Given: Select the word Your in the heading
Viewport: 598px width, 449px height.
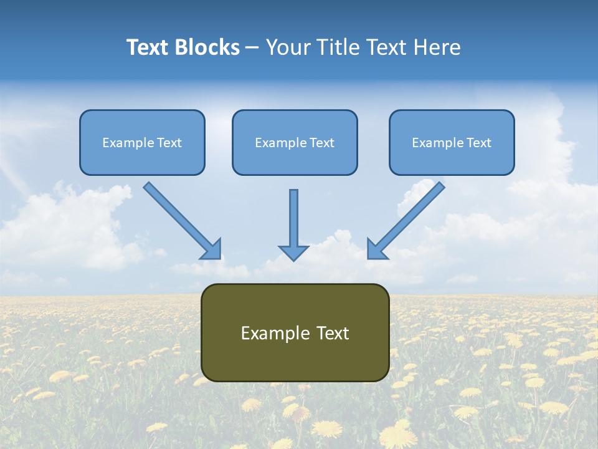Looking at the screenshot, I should coord(288,47).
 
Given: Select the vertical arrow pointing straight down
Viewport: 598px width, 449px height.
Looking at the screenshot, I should coord(293,218).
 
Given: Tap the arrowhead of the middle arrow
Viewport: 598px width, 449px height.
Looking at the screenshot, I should coord(293,252).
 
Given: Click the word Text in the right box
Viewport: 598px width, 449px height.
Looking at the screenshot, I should coord(478,143).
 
